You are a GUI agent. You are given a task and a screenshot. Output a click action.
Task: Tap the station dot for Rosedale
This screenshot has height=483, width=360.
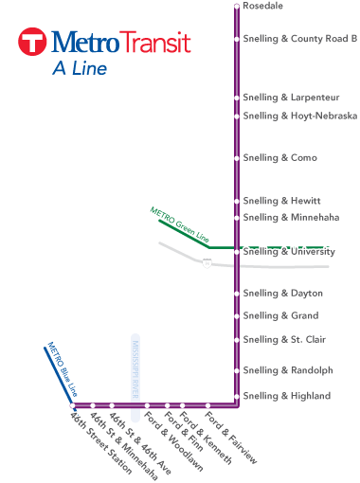click(x=237, y=7)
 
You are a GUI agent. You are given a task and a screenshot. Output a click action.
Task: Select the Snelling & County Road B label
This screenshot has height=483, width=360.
click(x=299, y=39)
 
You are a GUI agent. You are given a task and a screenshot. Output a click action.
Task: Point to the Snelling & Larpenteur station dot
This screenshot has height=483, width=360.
click(x=237, y=98)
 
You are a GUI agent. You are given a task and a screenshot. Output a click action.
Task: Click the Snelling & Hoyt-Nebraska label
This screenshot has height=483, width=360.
click(x=299, y=116)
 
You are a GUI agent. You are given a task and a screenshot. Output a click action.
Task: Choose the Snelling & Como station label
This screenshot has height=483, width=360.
click(x=279, y=158)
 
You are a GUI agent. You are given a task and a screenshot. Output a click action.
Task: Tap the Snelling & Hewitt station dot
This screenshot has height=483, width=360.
click(x=237, y=201)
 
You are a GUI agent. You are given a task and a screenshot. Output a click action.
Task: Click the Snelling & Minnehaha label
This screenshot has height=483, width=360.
click(x=289, y=218)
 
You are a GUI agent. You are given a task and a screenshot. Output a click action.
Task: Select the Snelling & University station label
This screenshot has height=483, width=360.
click(x=289, y=252)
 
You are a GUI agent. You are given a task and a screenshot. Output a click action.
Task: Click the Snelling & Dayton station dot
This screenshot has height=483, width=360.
click(x=237, y=294)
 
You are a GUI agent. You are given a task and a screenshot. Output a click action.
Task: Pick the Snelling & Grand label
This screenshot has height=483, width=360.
click(x=280, y=316)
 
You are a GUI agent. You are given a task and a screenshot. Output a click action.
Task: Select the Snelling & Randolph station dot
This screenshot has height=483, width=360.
click(x=237, y=370)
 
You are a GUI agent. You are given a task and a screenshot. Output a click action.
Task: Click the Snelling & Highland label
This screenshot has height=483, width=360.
click(x=287, y=396)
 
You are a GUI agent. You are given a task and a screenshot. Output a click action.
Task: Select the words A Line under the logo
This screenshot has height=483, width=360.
click(x=80, y=68)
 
